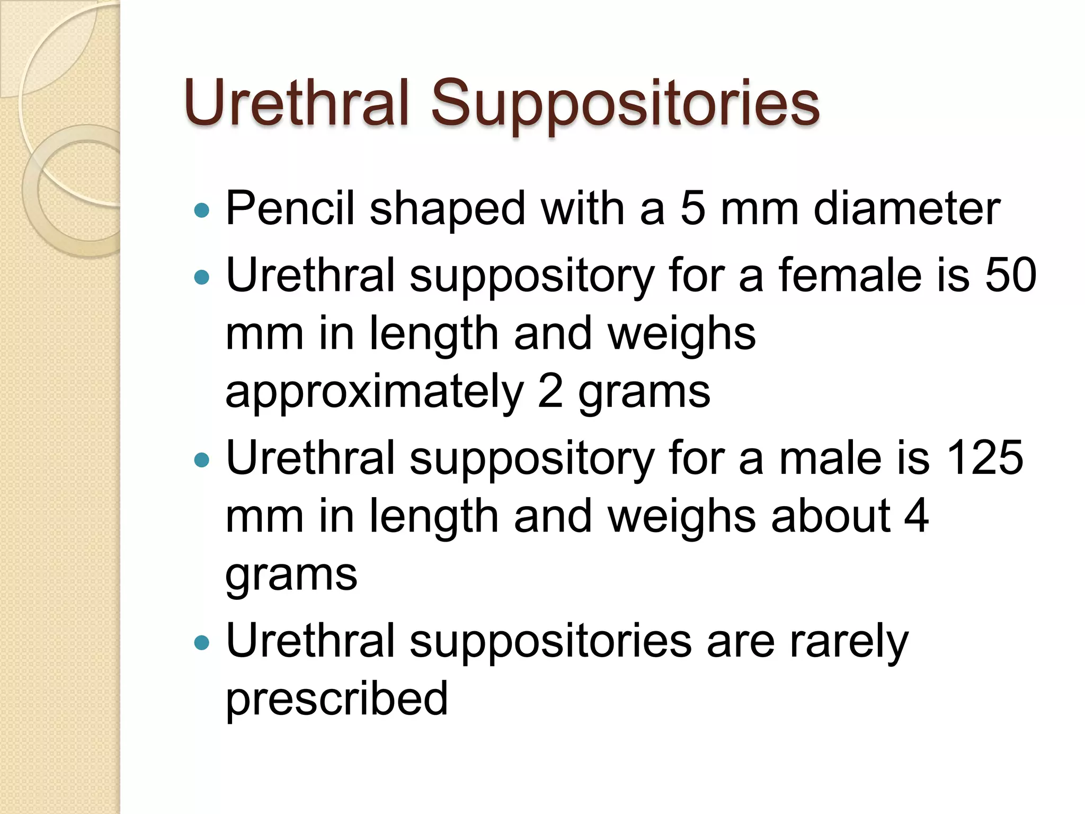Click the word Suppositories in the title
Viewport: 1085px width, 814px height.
[x=625, y=103]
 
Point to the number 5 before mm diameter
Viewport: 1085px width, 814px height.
[x=693, y=208]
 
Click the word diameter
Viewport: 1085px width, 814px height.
[x=906, y=208]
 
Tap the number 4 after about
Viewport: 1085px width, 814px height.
[x=916, y=516]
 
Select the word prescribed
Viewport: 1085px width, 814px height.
[x=337, y=699]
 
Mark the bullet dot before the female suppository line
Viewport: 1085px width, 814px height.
[x=202, y=277]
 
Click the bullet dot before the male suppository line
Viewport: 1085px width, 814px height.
[x=202, y=460]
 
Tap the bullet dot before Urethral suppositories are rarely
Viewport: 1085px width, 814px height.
[x=202, y=643]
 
